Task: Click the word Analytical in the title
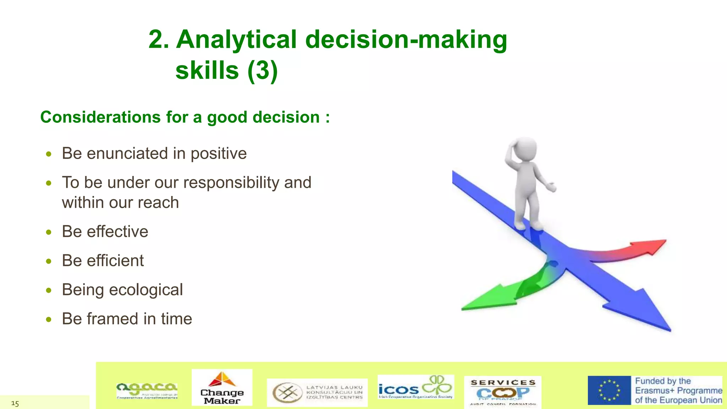(236, 39)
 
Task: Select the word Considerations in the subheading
(100, 117)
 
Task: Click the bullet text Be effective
(105, 231)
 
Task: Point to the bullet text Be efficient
(103, 261)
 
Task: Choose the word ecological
(146, 290)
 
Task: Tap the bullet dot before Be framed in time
(49, 319)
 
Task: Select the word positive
(219, 153)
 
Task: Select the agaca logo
(147, 391)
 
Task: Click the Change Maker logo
(222, 387)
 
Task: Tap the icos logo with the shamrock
(416, 387)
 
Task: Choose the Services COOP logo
(503, 392)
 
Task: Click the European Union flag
(609, 390)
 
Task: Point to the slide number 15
(15, 403)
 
